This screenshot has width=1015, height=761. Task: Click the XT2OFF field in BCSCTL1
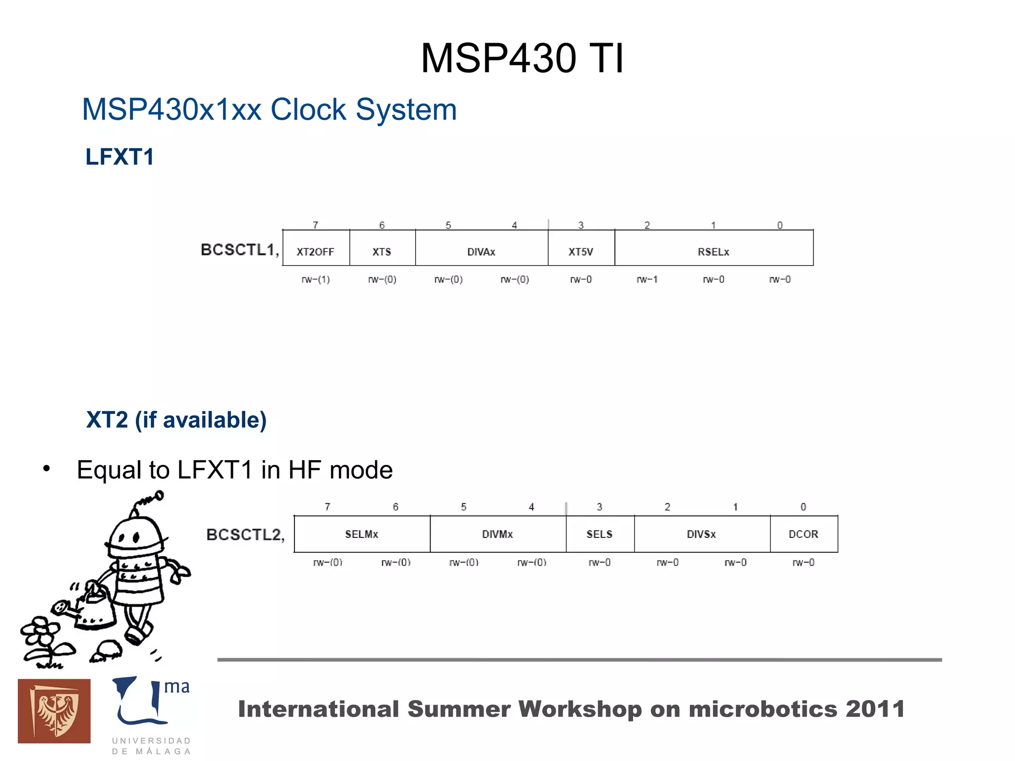[x=316, y=251]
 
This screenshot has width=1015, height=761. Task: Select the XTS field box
[x=382, y=251]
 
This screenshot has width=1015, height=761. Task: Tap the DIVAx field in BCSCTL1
[x=481, y=251]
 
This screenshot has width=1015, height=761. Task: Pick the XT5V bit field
[x=581, y=251]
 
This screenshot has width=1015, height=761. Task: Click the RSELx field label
[x=713, y=251]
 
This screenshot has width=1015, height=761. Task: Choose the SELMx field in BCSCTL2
[x=362, y=534]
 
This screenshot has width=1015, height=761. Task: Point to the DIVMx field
[x=498, y=534]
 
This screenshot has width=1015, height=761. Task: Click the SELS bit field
[x=600, y=534]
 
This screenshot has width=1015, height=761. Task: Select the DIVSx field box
[x=701, y=534]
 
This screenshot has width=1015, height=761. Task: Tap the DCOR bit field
[x=803, y=534]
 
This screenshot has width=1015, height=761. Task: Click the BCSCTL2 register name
[x=245, y=535]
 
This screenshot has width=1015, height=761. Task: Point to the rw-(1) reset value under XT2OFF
[x=316, y=280]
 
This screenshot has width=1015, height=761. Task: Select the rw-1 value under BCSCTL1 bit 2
[x=647, y=280]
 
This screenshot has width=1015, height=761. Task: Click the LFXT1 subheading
[x=120, y=157]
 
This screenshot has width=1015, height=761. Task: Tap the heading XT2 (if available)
[x=176, y=420]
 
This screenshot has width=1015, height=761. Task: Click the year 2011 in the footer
[x=875, y=709]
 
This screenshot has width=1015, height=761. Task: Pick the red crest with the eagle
[x=54, y=711]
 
